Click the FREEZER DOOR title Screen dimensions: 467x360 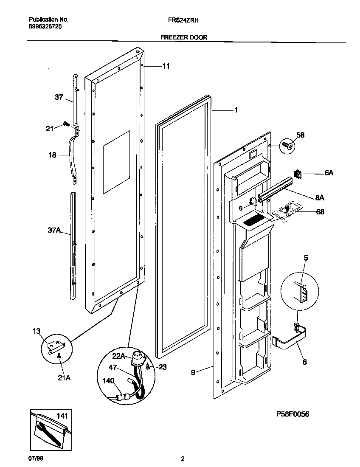pos(184,37)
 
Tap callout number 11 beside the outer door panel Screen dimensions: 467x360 pos(166,66)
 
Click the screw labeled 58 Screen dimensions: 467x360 pos(286,146)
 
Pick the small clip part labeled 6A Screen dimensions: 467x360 pos(298,174)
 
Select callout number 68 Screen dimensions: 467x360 pos(319,211)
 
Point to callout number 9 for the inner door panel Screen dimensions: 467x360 pos(193,372)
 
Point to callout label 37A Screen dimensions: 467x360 pos(55,231)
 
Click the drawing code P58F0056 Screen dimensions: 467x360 pos(292,414)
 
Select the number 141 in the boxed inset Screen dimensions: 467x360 pos(62,415)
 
